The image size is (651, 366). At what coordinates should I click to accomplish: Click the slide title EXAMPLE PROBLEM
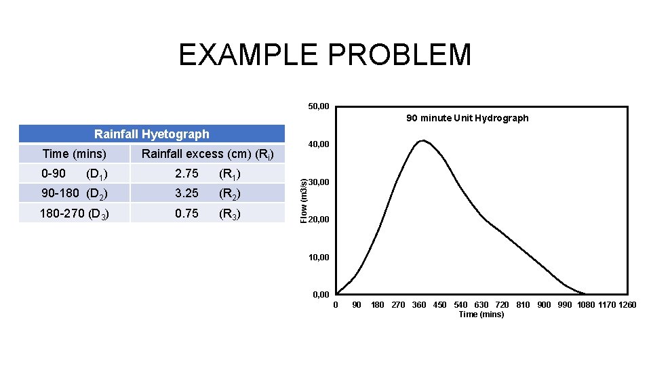click(325, 55)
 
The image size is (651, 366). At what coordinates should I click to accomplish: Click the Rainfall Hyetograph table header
click(152, 134)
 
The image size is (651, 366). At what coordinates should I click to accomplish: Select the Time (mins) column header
click(74, 154)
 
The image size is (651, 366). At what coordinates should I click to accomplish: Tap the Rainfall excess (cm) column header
click(208, 155)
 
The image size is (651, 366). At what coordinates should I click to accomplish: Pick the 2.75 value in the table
click(186, 174)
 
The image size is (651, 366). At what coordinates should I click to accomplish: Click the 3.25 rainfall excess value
click(186, 193)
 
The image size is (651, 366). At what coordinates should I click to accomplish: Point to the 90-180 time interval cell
click(74, 193)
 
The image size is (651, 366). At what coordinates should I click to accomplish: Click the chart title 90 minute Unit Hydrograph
click(467, 118)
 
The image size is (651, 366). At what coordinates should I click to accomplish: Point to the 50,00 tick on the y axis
click(318, 106)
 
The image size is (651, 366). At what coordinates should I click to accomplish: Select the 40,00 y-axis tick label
click(318, 144)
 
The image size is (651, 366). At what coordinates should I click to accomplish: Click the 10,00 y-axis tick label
click(318, 258)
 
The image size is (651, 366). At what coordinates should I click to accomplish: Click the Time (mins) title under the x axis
click(481, 314)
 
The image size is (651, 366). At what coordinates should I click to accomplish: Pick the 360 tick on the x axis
click(419, 305)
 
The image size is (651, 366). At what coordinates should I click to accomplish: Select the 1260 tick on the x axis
click(627, 305)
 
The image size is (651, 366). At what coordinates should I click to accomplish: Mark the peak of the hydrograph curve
click(422, 140)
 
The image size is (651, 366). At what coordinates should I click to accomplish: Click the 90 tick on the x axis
click(357, 305)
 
